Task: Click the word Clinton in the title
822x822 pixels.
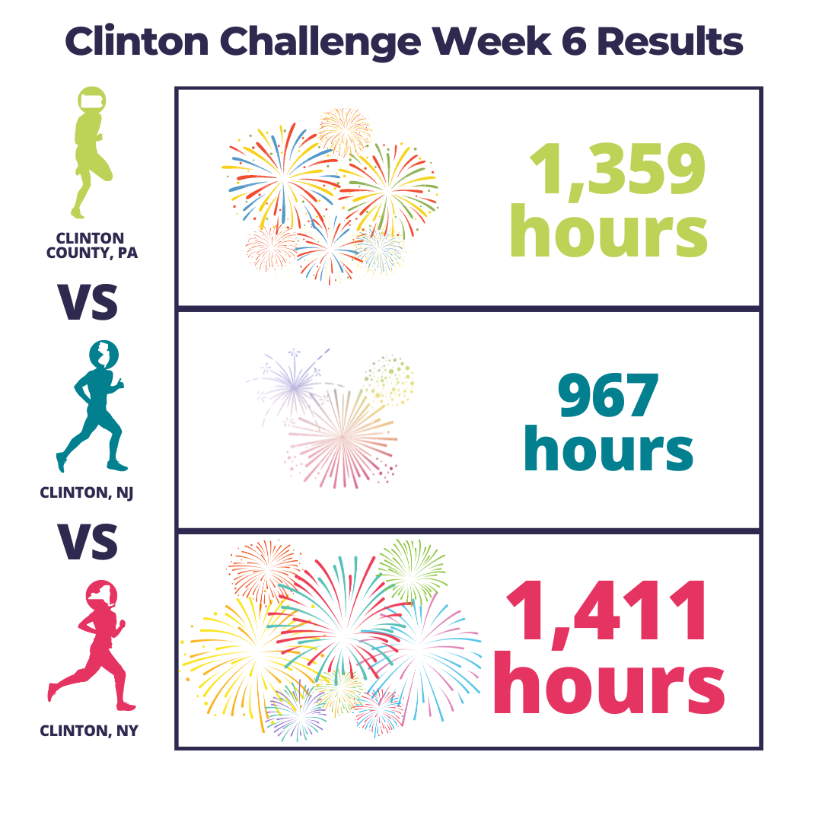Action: point(137,41)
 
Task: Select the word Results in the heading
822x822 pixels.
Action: point(670,41)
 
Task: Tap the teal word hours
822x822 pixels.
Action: point(608,448)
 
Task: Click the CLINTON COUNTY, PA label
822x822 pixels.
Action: point(92,246)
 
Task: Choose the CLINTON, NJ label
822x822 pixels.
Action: point(87,492)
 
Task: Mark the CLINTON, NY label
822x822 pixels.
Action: point(88,730)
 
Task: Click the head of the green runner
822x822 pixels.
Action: point(92,100)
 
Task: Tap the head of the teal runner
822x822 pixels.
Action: point(104,355)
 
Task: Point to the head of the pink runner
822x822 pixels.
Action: point(101,595)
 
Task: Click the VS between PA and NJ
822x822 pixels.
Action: point(88,301)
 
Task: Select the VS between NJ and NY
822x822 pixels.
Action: point(88,541)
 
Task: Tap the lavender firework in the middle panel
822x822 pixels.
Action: point(294,385)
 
